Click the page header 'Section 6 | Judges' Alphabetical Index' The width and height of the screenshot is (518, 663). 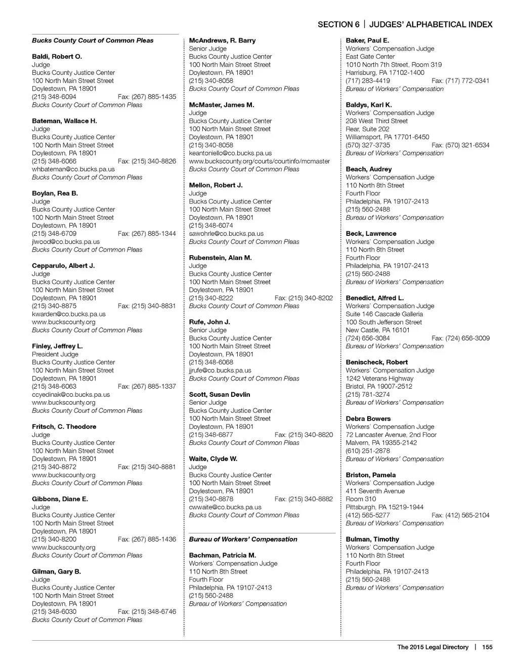pyautogui.click(x=405, y=24)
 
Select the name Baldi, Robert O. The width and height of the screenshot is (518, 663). pyautogui.click(x=57, y=57)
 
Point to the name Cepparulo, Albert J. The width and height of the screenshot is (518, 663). pyautogui.click(x=63, y=266)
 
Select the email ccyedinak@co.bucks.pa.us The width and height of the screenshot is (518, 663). pyautogui.click(x=71, y=395)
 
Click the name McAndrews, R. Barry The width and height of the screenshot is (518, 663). pyautogui.click(x=222, y=40)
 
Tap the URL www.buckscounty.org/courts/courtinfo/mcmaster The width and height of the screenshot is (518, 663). pyautogui.click(x=259, y=161)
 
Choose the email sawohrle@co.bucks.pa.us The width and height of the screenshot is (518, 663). pyautogui.click(x=226, y=234)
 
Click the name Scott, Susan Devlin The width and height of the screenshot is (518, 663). pyautogui.click(x=220, y=394)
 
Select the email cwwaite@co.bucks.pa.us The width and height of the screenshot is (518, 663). pyautogui.click(x=225, y=507)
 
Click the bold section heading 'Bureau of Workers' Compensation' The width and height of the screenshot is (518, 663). pyautogui.click(x=243, y=540)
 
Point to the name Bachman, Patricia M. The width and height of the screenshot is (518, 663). pyautogui.click(x=223, y=555)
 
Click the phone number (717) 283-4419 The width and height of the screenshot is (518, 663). pyautogui.click(x=368, y=80)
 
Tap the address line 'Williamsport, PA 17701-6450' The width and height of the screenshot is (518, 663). pyautogui.click(x=387, y=137)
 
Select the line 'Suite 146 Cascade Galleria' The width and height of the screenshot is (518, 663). pyautogui.click(x=384, y=314)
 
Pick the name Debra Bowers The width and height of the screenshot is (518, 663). pyautogui.click(x=368, y=419)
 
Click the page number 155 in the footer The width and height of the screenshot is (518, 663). pyautogui.click(x=487, y=647)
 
